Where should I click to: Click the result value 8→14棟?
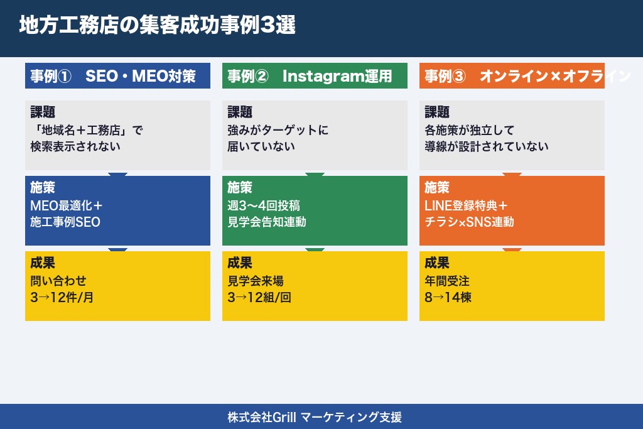(x=448, y=297)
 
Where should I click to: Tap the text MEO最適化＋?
(x=66, y=206)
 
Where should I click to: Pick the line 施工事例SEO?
(x=65, y=222)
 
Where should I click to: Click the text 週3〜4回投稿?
(x=264, y=206)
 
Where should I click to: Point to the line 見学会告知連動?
(x=267, y=222)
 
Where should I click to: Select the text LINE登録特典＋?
(x=466, y=206)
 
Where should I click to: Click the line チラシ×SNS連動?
(x=469, y=222)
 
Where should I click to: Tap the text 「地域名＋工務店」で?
(x=87, y=131)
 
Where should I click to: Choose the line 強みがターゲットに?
(x=278, y=131)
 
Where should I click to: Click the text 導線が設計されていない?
(x=487, y=146)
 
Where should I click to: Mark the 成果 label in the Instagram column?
(x=240, y=263)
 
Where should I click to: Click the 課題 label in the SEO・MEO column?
(x=43, y=112)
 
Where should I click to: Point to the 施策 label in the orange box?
(x=437, y=188)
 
